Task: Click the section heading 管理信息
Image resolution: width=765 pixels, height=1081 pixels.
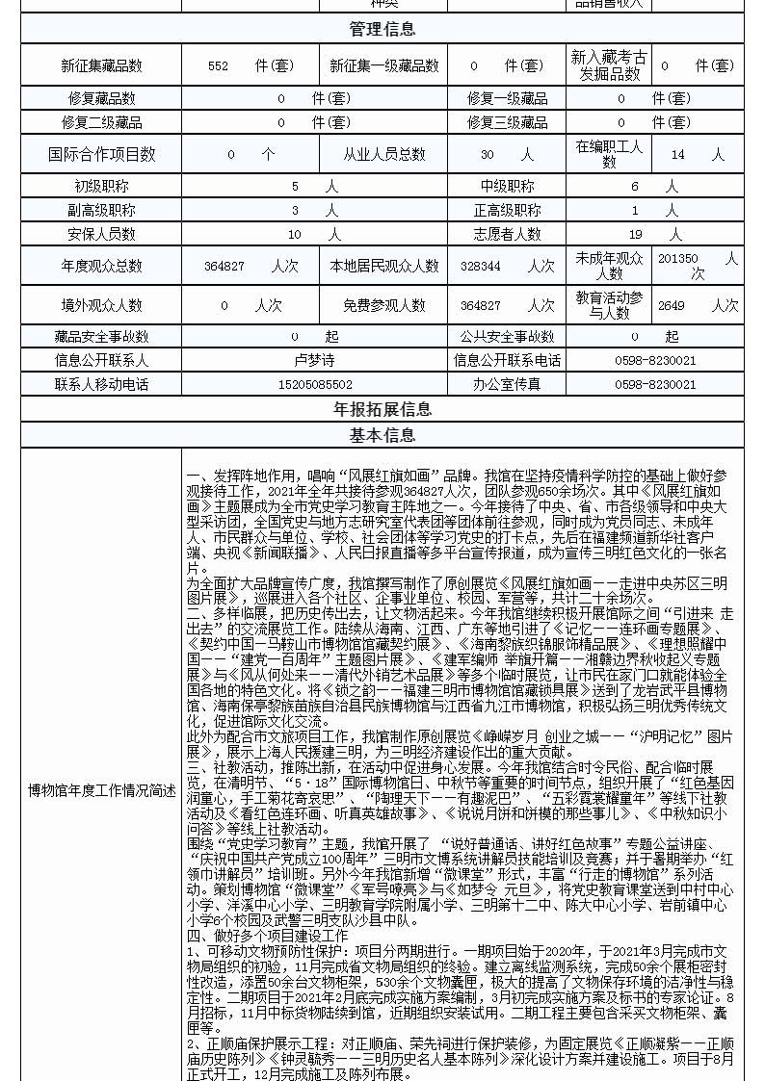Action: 382,29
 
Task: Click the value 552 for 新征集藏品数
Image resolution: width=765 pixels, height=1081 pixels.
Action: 218,65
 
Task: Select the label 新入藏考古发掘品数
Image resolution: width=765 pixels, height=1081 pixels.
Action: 609,65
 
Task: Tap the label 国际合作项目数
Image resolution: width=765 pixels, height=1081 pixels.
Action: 101,154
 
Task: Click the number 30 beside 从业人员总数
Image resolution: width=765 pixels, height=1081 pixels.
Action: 487,154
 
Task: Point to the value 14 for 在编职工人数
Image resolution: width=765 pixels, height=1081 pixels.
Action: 678,154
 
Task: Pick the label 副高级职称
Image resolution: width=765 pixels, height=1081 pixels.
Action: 101,210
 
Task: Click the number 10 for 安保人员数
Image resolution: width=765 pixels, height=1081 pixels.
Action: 295,234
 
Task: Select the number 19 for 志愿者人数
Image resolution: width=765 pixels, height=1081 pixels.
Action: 636,234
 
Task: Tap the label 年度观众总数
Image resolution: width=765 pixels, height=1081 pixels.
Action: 101,266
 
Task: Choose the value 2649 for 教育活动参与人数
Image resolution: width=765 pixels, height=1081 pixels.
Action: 672,305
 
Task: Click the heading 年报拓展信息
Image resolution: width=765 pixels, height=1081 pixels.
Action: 382,410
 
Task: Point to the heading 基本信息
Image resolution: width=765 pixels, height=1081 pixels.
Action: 382,435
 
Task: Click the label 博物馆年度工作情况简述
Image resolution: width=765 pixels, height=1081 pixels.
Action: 101,790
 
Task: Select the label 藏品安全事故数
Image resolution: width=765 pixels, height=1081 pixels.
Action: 101,336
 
